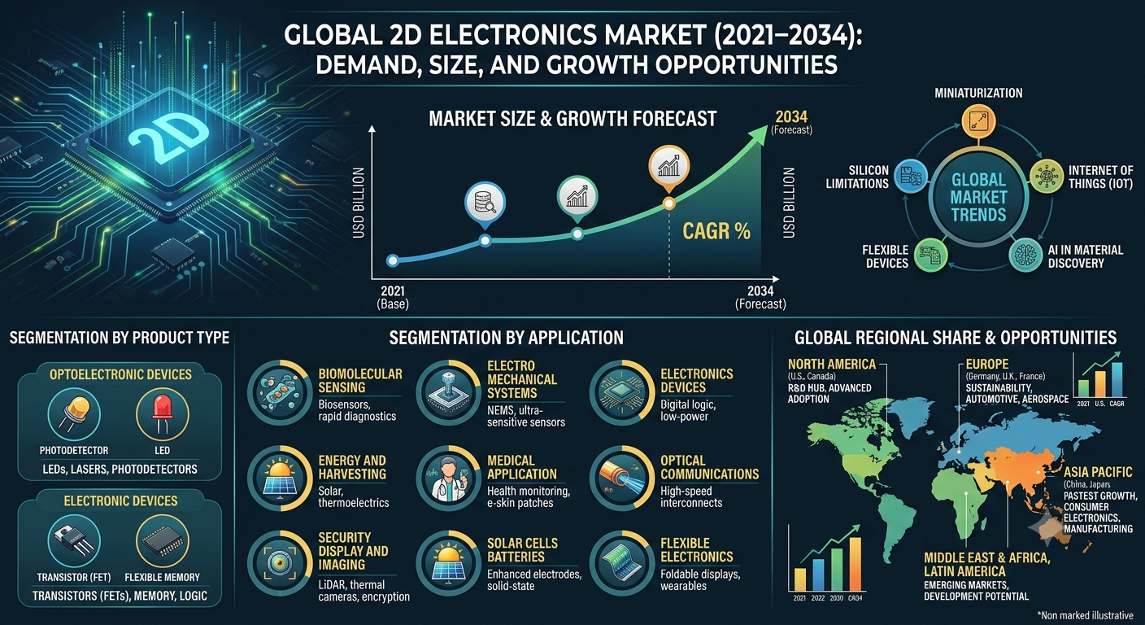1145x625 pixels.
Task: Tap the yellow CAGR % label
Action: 716,231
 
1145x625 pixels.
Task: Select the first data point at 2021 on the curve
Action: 393,261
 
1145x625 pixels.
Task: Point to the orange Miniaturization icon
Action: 977,122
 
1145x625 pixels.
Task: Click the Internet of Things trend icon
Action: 1046,177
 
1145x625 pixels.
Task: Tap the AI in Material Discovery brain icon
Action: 1025,255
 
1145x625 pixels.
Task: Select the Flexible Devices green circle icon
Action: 930,255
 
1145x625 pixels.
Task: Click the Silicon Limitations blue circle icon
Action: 911,177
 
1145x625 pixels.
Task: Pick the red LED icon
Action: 162,413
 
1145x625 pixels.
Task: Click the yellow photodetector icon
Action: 74,413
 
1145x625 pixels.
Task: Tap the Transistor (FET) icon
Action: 74,540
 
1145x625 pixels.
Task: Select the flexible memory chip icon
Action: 162,540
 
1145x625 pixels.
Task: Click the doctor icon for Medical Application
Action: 449,479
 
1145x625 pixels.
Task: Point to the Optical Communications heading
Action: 709,467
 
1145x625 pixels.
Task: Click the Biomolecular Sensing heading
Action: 360,381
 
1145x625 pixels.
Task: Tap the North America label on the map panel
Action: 832,364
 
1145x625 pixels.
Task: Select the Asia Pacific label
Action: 1098,471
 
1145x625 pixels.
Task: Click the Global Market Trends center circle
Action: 977,197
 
